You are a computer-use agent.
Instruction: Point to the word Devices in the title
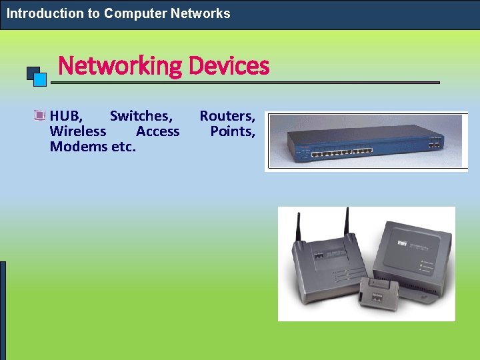229,66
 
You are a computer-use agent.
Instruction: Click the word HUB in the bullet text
66,116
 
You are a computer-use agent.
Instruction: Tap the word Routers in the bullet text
227,116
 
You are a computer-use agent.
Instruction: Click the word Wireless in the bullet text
77,131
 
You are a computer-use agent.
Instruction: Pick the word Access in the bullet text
157,131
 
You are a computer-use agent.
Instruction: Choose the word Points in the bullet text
233,131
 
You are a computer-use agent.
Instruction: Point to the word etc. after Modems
123,147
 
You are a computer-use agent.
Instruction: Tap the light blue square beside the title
40,80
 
